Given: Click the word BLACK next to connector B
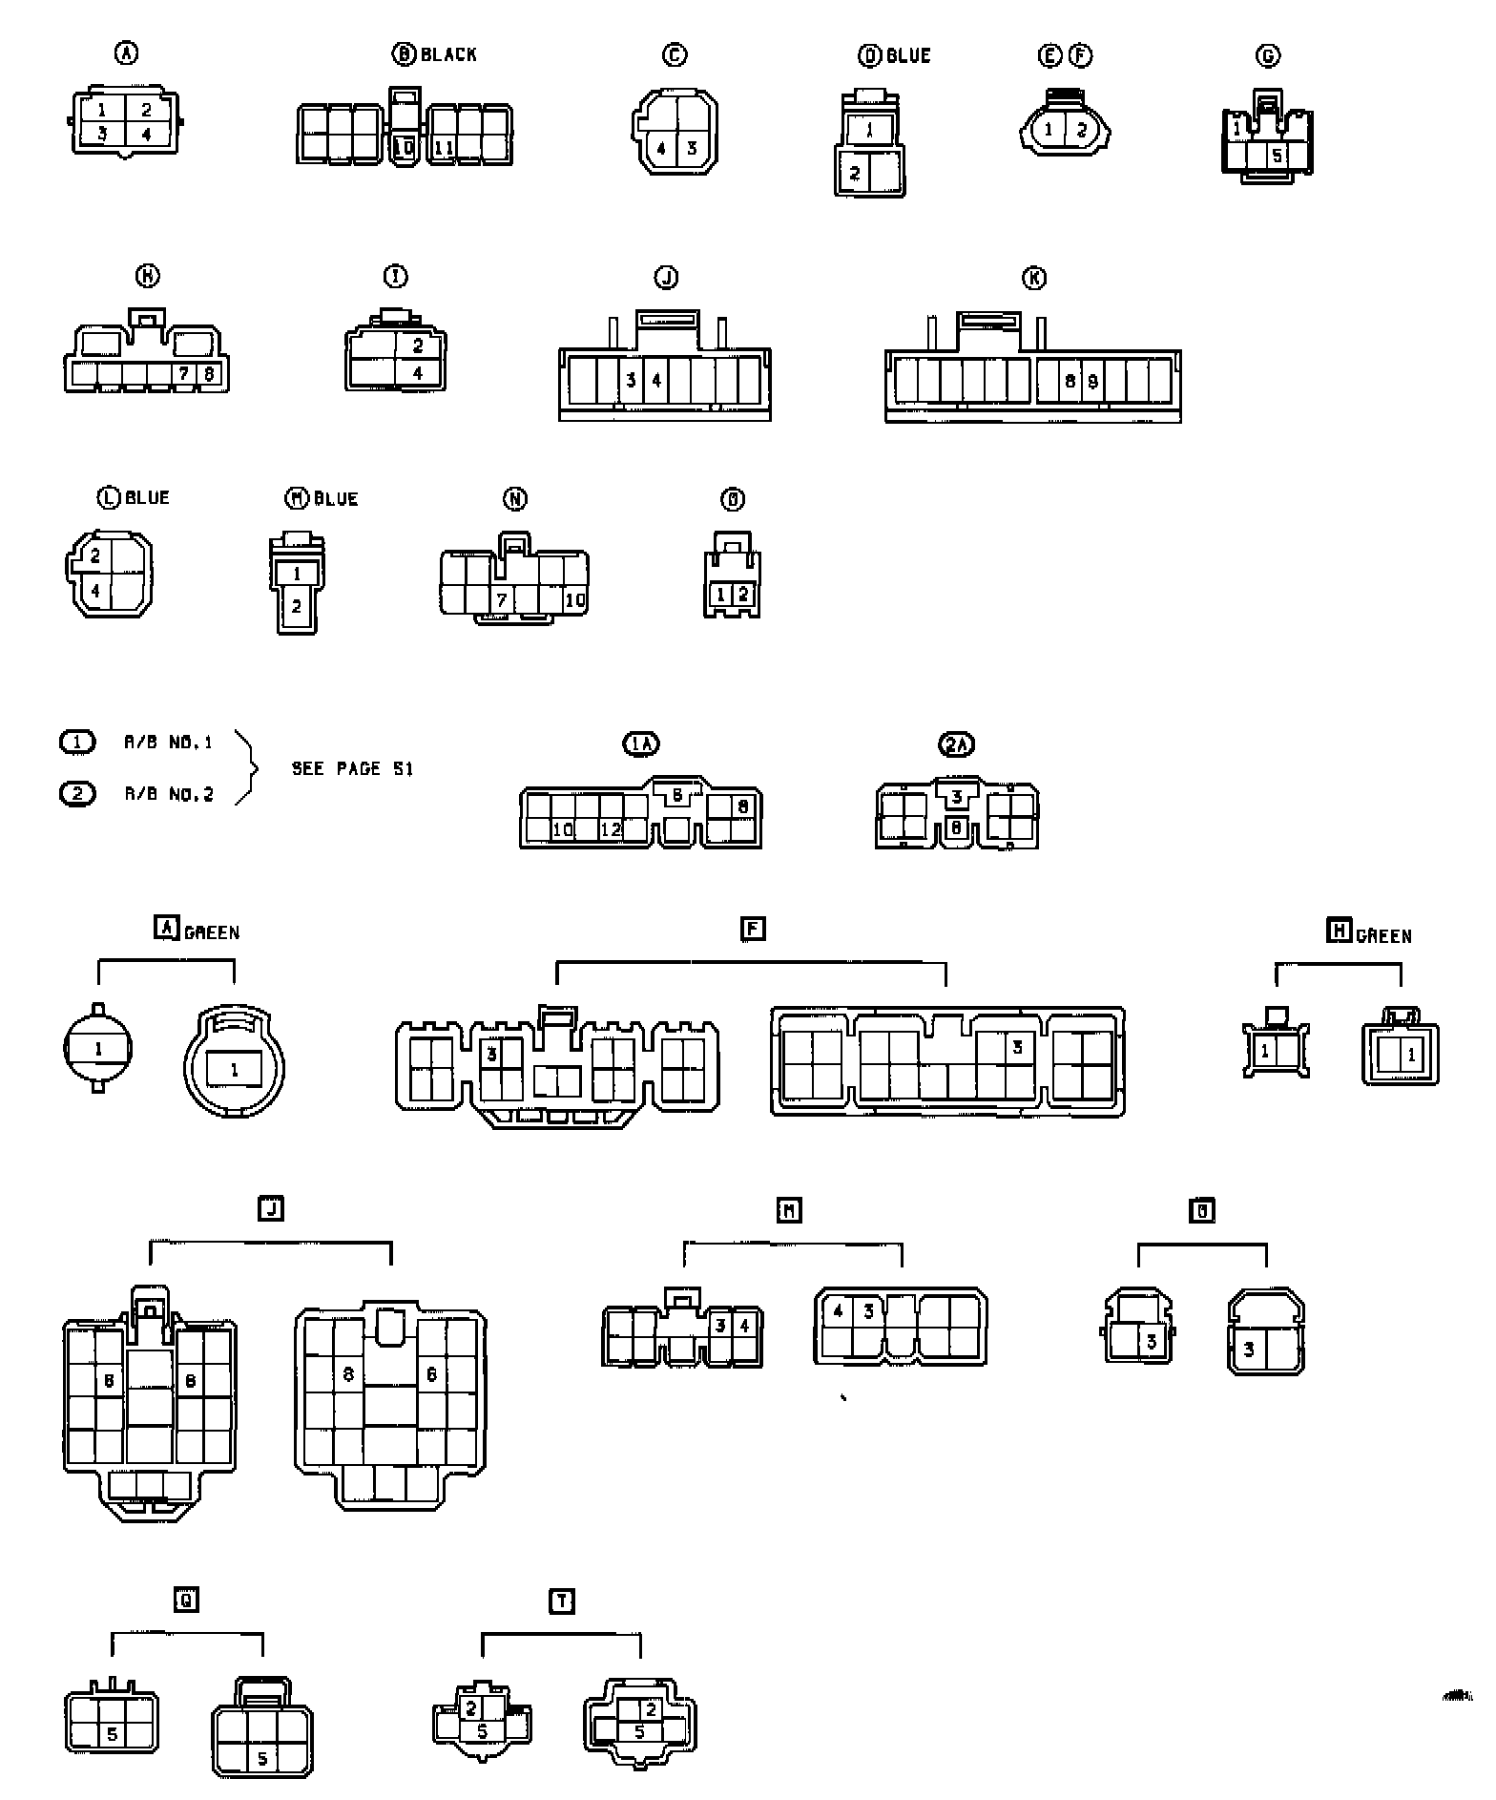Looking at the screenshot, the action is tap(448, 54).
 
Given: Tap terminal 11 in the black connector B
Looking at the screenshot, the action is tap(444, 148).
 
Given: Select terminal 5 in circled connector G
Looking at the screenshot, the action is tap(1278, 156).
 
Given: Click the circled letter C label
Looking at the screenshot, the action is tap(675, 55).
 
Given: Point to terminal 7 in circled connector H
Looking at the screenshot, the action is tap(184, 373).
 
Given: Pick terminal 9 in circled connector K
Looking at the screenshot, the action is tap(1092, 382).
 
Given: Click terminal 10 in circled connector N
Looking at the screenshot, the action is tap(574, 599).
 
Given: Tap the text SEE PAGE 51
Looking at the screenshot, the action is tap(352, 768).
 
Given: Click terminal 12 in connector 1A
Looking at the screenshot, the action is tap(610, 829).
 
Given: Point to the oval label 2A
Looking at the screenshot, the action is tap(957, 744).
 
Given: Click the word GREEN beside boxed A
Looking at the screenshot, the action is tap(212, 931).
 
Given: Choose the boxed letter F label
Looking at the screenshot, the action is tap(753, 928).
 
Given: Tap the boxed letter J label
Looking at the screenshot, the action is tap(271, 1209).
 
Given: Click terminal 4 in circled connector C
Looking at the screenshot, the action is tap(661, 149).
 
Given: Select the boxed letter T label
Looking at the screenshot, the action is tap(563, 1601).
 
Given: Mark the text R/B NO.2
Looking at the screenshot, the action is tap(169, 794).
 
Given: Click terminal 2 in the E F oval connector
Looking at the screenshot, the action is tap(1081, 130).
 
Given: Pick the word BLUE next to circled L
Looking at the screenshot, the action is tap(147, 497).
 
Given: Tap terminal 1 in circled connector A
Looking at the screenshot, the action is tap(102, 110).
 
